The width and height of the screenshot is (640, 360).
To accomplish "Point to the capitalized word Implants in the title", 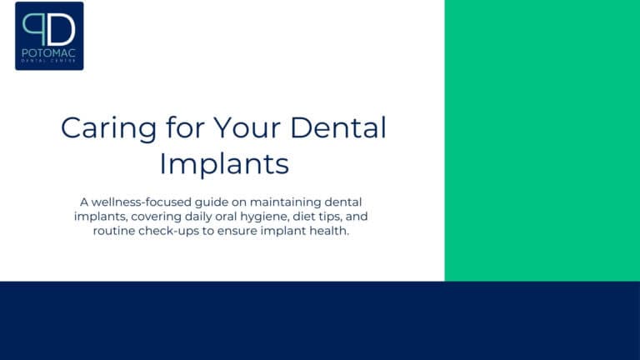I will pos(223,162).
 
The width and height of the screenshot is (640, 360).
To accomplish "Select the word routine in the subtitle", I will pos(117,231).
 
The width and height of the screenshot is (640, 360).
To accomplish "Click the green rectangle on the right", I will pos(542,140).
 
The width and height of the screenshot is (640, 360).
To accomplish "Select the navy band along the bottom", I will pos(320,321).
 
